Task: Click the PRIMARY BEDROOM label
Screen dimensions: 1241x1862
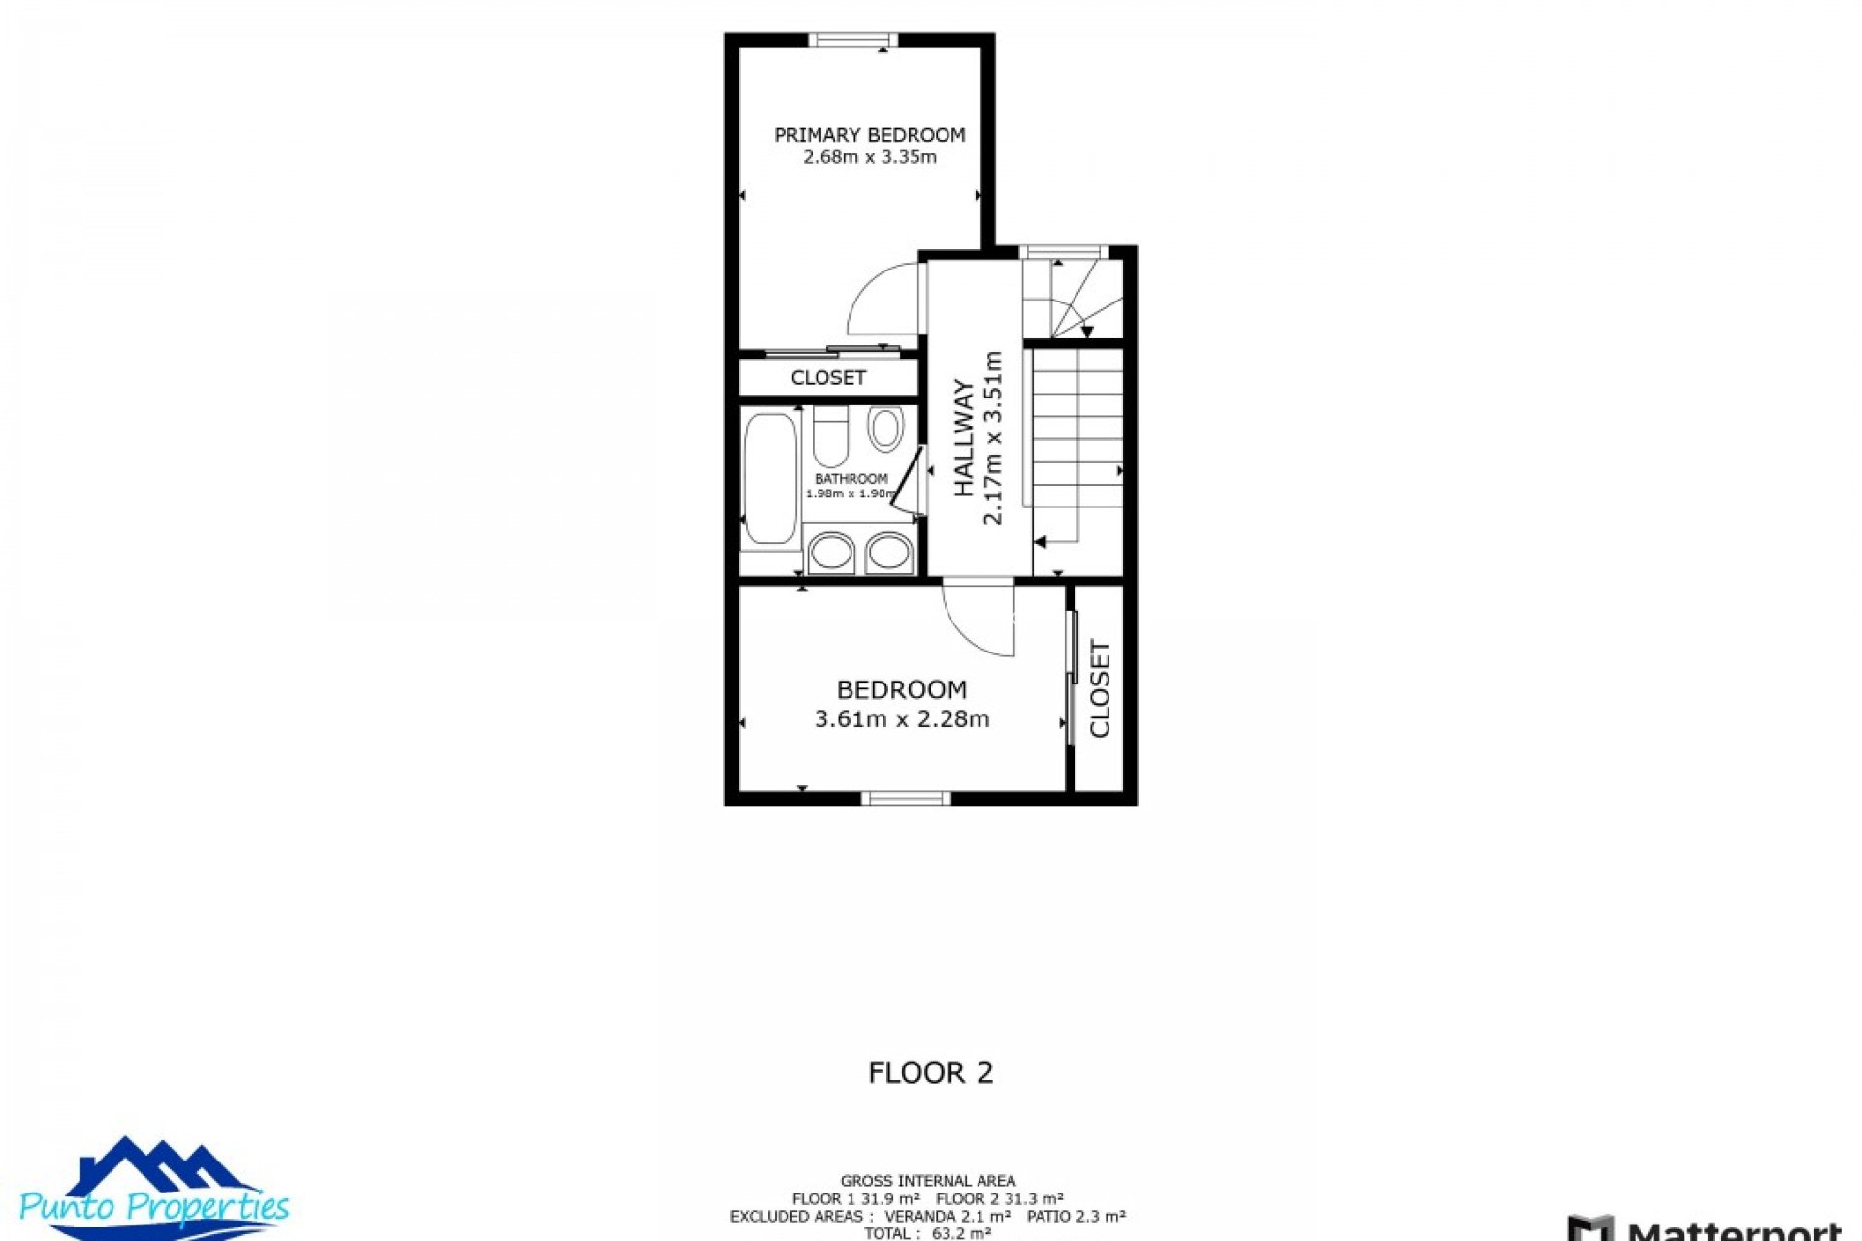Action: pos(869,135)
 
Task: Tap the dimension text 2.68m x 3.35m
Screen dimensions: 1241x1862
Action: pos(869,157)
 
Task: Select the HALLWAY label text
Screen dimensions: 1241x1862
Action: pos(963,437)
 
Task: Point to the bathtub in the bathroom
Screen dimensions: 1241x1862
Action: pos(770,478)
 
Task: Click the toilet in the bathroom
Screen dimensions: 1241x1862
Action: pos(830,438)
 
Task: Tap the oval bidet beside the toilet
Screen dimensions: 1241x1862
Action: pos(884,429)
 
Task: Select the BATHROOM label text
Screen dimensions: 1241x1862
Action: pos(851,479)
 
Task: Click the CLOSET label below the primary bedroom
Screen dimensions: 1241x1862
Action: pos(827,378)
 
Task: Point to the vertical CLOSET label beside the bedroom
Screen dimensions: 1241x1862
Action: pos(1100,688)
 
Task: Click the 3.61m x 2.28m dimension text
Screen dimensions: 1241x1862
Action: pos(901,719)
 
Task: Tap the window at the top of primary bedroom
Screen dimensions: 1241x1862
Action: pos(852,40)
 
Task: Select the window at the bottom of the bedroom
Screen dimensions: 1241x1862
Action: pos(906,798)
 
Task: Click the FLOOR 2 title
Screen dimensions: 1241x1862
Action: pos(930,1072)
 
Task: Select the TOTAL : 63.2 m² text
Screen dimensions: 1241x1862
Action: pos(927,1233)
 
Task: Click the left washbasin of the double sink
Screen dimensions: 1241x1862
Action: pos(830,554)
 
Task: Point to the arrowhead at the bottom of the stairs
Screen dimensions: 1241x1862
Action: pos(1040,542)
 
